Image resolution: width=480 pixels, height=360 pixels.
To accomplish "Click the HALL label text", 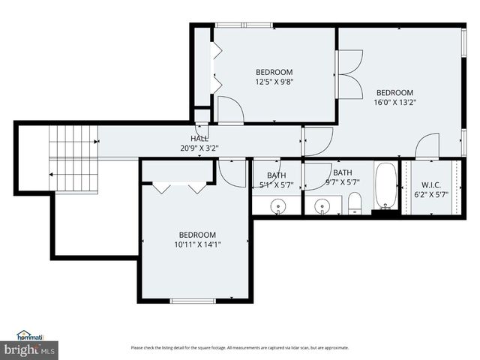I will pos(199,139).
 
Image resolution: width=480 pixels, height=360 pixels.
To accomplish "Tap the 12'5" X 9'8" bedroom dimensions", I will pos(274,82).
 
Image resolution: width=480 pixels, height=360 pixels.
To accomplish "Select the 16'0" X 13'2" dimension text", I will pos(394,103).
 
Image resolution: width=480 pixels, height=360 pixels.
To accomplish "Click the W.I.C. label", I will pos(430,184).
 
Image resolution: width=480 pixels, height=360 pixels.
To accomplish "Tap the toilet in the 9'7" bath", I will pos(355,202).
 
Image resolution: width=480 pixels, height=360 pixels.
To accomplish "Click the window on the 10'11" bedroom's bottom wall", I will pos(192,301).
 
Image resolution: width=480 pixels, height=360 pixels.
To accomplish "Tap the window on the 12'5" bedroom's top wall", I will pos(244,25).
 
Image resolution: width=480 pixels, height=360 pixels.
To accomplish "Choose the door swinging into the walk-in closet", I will pos(427,146).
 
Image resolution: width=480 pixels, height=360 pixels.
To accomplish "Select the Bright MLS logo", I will pos(30,349).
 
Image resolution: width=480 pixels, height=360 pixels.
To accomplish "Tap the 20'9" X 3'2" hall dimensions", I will pos(199,148).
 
